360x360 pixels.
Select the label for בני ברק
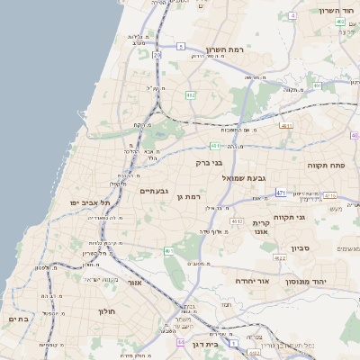(209, 163)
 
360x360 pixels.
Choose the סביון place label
(300, 247)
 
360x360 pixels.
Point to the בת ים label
(18, 319)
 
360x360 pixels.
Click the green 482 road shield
(191, 94)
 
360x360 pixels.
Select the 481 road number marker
(215, 145)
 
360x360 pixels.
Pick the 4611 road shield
(286, 126)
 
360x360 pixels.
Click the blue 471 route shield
(281, 193)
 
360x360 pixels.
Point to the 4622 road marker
(280, 257)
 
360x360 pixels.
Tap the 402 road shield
(340, 22)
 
